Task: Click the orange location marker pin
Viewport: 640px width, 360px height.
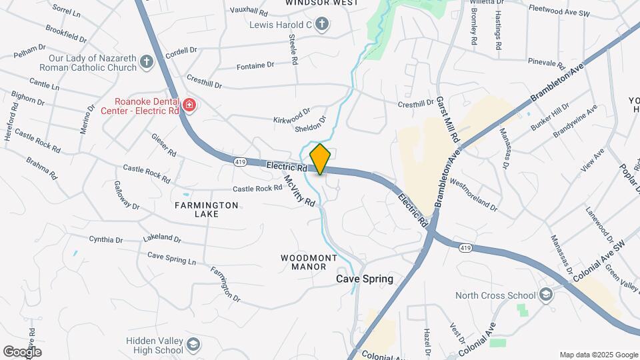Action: pyautogui.click(x=320, y=159)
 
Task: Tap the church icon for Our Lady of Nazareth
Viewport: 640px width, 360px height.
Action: pyautogui.click(x=147, y=62)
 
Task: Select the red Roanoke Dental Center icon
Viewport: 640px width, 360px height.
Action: pyautogui.click(x=189, y=105)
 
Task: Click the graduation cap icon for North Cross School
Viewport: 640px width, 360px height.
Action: pyautogui.click(x=546, y=295)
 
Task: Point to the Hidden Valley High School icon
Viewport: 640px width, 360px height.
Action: pyautogui.click(x=193, y=345)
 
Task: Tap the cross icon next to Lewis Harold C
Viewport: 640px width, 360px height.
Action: pyautogui.click(x=322, y=25)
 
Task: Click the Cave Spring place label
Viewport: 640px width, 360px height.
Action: pyautogui.click(x=364, y=279)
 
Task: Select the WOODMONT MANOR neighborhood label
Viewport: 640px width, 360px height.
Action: pyautogui.click(x=309, y=262)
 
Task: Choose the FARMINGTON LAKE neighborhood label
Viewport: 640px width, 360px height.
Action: pyautogui.click(x=206, y=210)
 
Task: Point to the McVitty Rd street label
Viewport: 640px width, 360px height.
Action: pyautogui.click(x=299, y=191)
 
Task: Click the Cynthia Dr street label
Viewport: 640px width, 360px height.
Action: pyautogui.click(x=107, y=239)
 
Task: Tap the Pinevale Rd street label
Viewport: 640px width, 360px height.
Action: pyautogui.click(x=546, y=64)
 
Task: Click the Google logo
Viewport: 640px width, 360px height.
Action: pyautogui.click(x=21, y=351)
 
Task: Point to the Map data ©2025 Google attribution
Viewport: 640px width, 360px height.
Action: pyautogui.click(x=598, y=355)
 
